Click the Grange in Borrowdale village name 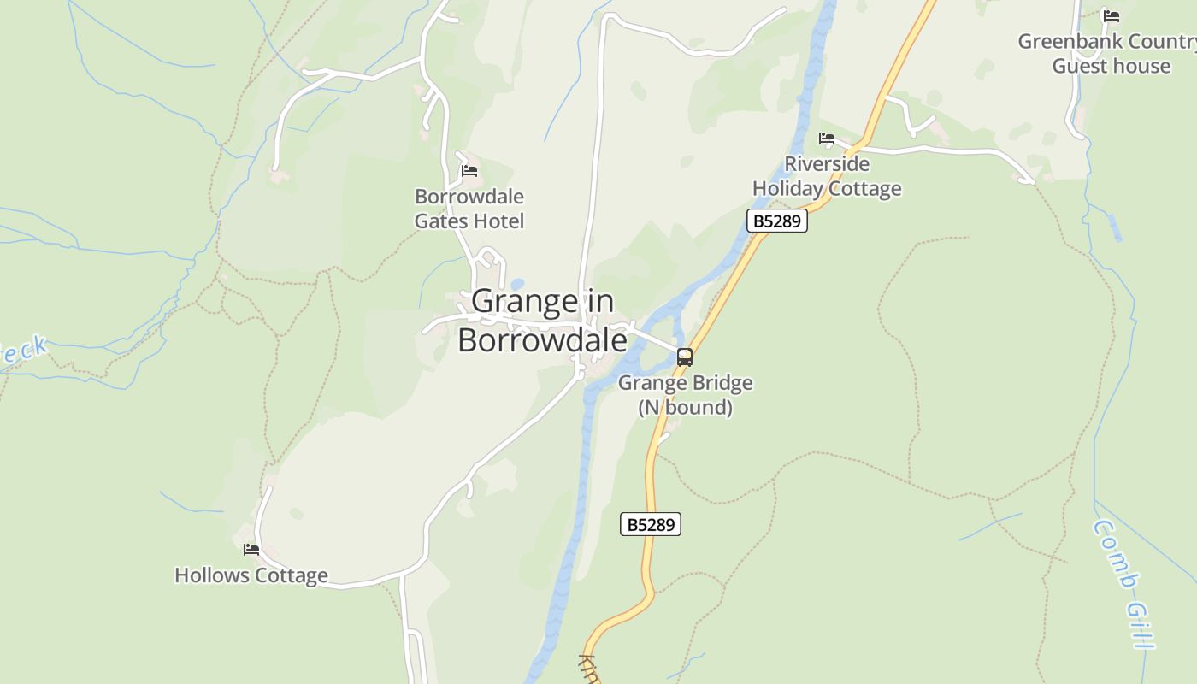tap(542, 321)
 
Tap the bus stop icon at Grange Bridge tap(684, 357)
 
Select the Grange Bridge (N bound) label tap(685, 395)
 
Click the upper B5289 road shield tap(777, 221)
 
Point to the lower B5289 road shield tap(651, 524)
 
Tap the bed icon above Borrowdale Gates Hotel tap(469, 171)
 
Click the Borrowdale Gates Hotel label tap(469, 209)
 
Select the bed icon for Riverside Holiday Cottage tap(826, 139)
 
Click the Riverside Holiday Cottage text tap(827, 176)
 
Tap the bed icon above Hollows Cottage tap(251, 550)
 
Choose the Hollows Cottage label tap(251, 575)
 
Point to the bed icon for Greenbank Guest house tap(1111, 16)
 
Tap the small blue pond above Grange tap(516, 285)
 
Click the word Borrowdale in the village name tap(542, 339)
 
